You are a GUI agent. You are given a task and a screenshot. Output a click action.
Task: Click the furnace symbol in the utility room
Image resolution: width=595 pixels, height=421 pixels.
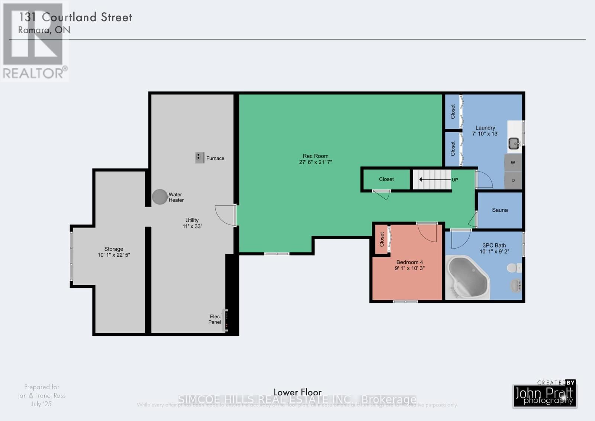click(200, 158)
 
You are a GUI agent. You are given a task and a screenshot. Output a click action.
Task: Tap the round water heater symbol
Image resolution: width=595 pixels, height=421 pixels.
click(160, 197)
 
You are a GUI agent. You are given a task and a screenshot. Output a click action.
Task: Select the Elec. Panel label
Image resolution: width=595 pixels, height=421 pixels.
click(215, 319)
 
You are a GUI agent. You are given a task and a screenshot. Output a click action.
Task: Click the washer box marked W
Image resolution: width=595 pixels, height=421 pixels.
click(513, 163)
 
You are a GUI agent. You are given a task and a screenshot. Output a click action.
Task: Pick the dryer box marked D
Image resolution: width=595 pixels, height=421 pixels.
click(513, 181)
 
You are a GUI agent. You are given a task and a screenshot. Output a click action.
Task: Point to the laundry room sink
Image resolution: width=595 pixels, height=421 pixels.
click(514, 143)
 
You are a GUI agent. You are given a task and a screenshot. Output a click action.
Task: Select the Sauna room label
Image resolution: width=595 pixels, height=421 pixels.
click(499, 210)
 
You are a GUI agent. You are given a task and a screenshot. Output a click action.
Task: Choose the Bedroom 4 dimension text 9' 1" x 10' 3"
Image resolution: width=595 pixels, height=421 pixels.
click(409, 268)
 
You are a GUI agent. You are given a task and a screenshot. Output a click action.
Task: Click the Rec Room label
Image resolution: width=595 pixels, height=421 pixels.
click(315, 156)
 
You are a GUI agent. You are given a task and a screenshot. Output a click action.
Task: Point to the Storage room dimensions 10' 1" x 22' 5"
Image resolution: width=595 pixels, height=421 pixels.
click(113, 255)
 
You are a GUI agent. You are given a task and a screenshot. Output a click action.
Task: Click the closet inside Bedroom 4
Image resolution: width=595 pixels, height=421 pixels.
click(382, 239)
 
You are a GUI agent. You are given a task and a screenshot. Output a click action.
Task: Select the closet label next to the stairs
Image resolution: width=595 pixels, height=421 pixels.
click(386, 179)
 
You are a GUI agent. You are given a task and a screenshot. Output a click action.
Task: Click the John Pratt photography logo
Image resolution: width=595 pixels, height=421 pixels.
click(544, 396)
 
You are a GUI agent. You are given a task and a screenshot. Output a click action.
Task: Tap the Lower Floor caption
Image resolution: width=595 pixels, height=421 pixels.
click(297, 392)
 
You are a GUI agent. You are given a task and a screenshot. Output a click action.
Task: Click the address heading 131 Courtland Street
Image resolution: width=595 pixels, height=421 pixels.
click(75, 17)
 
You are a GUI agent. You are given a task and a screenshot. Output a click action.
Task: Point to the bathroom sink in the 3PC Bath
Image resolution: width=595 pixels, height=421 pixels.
click(515, 286)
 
